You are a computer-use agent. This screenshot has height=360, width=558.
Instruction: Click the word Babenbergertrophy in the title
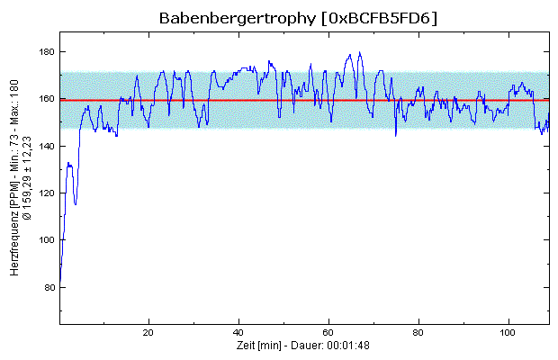coord(237,18)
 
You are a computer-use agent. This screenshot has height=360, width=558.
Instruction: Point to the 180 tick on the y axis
coord(45,52)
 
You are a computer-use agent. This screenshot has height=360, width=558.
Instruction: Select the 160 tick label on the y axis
coord(45,99)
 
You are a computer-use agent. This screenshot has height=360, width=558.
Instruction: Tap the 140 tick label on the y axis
coord(45,146)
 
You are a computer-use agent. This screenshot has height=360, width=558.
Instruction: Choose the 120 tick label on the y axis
coord(45,193)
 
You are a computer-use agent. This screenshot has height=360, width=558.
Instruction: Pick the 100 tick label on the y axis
coord(45,240)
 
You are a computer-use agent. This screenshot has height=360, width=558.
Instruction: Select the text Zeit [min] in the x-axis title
coord(256,345)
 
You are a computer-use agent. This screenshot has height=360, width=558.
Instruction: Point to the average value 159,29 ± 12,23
coord(28,180)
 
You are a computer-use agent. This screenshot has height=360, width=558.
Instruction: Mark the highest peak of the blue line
coord(359,52)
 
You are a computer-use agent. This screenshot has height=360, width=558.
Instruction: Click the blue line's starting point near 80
coord(60,282)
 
